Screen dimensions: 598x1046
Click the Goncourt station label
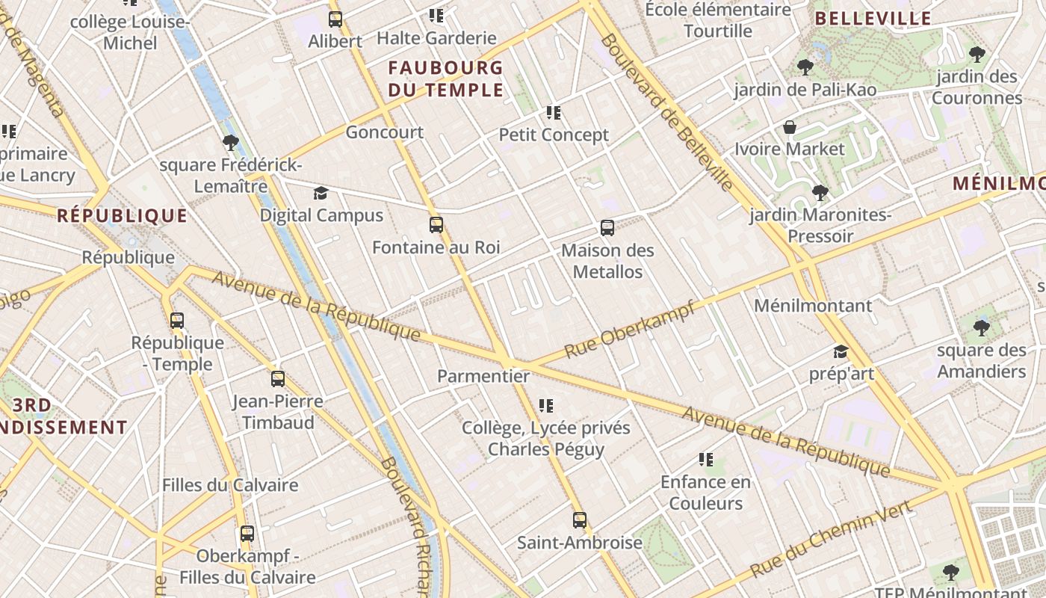click(384, 132)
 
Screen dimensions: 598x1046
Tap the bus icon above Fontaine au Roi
click(436, 224)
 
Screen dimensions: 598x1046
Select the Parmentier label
click(483, 376)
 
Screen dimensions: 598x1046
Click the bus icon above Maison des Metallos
click(607, 228)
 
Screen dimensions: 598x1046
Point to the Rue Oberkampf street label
click(629, 330)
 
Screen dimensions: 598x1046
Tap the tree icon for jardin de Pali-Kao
click(805, 67)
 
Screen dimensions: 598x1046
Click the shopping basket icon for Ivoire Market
click(790, 127)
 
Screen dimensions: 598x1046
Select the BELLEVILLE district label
click(873, 19)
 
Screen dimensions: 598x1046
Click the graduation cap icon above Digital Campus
click(321, 194)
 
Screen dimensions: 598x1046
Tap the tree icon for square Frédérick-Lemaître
click(230, 142)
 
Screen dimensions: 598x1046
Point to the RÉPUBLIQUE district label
click(123, 216)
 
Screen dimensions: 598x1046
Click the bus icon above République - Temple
click(177, 321)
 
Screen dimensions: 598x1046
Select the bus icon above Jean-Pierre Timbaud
click(278, 379)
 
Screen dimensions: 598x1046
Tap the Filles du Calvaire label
click(230, 485)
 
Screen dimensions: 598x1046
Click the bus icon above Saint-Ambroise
click(580, 520)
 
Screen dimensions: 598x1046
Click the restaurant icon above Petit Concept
click(554, 113)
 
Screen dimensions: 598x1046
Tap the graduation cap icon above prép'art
click(841, 351)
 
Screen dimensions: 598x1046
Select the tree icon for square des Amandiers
click(981, 327)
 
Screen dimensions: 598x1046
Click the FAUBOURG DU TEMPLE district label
click(446, 79)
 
